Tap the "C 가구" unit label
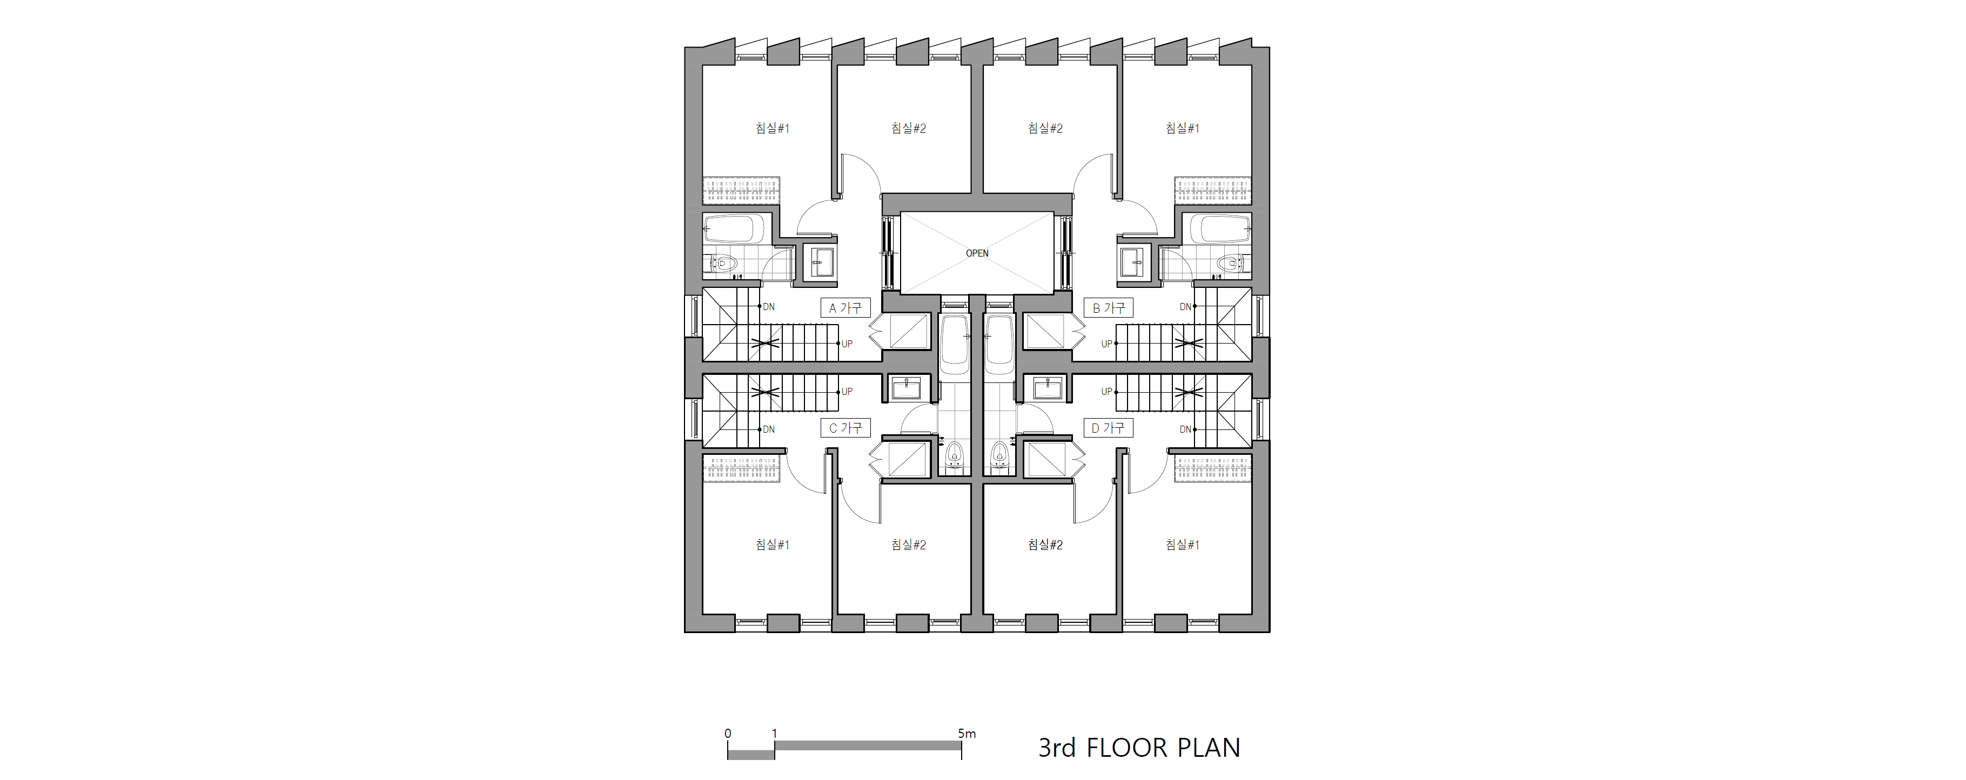[x=845, y=428]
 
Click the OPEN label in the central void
[x=977, y=253]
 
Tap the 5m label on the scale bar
[x=967, y=734]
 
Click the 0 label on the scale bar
[x=728, y=734]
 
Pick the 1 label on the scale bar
[x=775, y=734]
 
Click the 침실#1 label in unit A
[x=773, y=128]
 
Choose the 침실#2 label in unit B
[x=1045, y=128]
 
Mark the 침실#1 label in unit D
[x=1182, y=545]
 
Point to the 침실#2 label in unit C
[x=908, y=545]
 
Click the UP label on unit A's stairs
[x=847, y=344]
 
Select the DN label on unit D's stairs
[x=1185, y=429]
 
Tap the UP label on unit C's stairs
[x=847, y=392]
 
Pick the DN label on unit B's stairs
[x=1185, y=307]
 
